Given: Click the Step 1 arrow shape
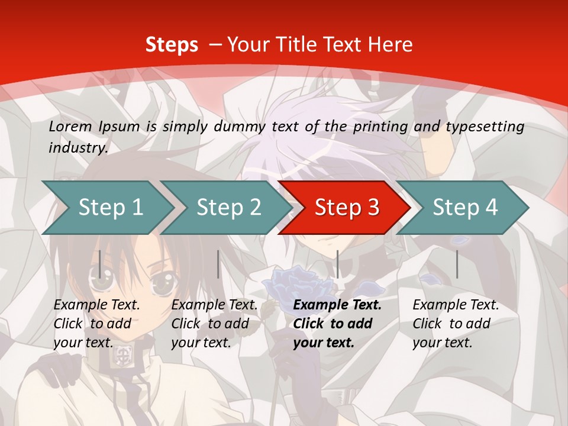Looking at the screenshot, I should pos(110,208).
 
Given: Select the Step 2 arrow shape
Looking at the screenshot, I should pos(228,208).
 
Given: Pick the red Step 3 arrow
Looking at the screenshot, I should pos(347,208).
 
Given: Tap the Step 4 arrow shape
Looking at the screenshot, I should pos(465,208).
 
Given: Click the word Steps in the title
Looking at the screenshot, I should pos(172,45).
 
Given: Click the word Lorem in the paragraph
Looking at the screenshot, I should pos(70,127).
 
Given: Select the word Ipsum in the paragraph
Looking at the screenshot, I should pos(119,127).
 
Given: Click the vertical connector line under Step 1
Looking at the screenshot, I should pos(100,264).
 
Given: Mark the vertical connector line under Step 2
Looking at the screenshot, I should pos(218,264).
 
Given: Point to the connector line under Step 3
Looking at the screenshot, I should pos(337,264).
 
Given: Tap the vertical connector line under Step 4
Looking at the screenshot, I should pos(457,264).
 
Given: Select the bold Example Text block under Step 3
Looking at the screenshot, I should pos(337,324).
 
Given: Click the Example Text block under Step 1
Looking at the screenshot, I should pos(96,324).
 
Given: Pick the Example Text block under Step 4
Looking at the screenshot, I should pos(456,324).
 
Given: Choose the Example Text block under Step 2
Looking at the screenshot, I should pos(214,324).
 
